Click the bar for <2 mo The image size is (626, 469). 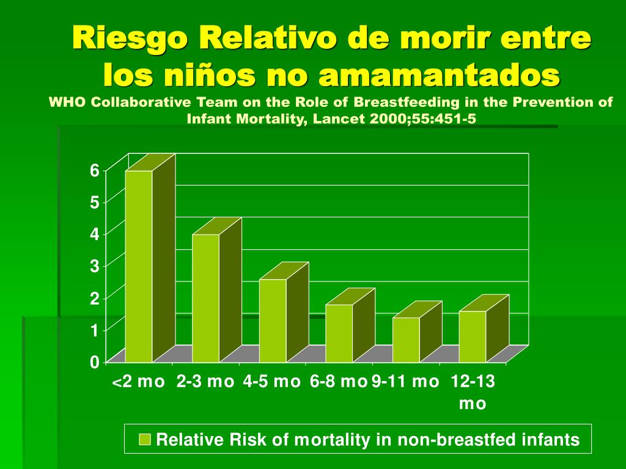click(139, 266)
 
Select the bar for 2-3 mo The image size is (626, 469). click(205, 298)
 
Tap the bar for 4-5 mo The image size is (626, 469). click(273, 321)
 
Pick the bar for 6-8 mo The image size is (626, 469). click(339, 333)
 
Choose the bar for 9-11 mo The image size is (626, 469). click(406, 340)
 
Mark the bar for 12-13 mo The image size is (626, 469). click(473, 336)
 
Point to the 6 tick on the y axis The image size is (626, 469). click(94, 170)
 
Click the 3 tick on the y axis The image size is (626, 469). click(94, 266)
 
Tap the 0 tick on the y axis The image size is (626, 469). click(94, 362)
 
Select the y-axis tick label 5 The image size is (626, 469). click(94, 202)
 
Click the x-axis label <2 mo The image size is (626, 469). click(139, 382)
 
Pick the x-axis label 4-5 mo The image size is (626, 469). click(271, 382)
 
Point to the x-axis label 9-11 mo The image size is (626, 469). click(405, 382)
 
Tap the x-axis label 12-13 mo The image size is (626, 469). click(473, 392)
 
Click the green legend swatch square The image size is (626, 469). click(145, 439)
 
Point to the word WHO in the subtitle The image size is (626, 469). click(64, 102)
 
